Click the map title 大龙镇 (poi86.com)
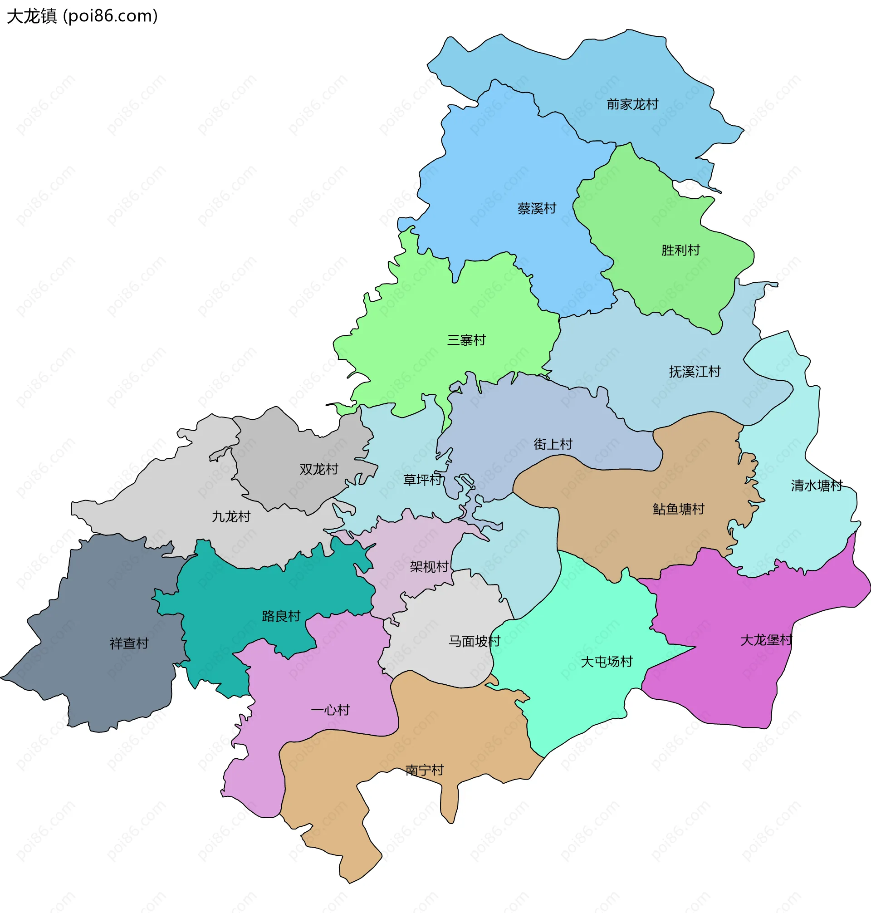pyautogui.click(x=82, y=16)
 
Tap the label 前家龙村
pyautogui.click(x=632, y=104)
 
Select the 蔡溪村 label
pyautogui.click(x=537, y=209)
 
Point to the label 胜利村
pyautogui.click(x=680, y=250)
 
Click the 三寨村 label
pyautogui.click(x=466, y=340)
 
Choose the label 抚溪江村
pyautogui.click(x=695, y=372)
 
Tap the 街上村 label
pyautogui.click(x=553, y=444)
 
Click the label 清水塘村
pyautogui.click(x=817, y=486)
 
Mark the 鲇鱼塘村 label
pyautogui.click(x=678, y=509)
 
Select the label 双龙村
pyautogui.click(x=318, y=469)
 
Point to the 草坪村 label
pyautogui.click(x=422, y=479)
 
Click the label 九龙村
pyautogui.click(x=231, y=516)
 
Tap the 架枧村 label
pyautogui.click(x=429, y=567)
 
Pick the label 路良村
pyautogui.click(x=281, y=616)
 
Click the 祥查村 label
pyautogui.click(x=129, y=643)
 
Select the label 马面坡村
pyautogui.click(x=474, y=641)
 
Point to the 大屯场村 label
pyautogui.click(x=607, y=661)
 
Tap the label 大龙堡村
pyautogui.click(x=766, y=640)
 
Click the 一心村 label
pyautogui.click(x=330, y=710)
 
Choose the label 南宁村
pyautogui.click(x=424, y=771)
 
